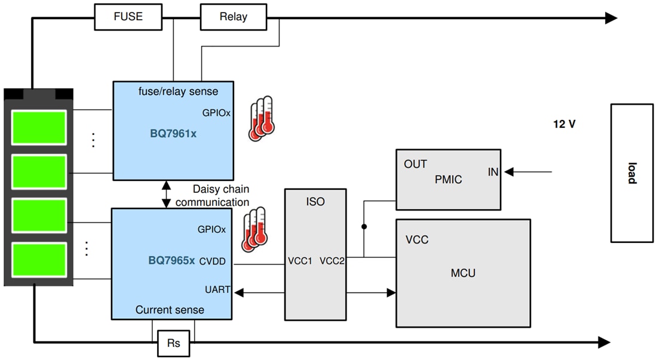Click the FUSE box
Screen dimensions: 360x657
[128, 17]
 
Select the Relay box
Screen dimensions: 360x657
[233, 17]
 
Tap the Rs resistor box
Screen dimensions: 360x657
[173, 343]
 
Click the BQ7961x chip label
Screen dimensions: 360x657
[173, 134]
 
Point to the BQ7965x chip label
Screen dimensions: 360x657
[172, 260]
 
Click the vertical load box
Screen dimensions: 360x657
[631, 173]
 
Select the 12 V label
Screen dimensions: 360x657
[564, 125]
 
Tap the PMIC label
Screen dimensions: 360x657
[449, 179]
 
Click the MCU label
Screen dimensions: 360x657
[463, 273]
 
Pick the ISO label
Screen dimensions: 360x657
[315, 202]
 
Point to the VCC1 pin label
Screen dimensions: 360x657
[300, 261]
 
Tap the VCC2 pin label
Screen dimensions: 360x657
[332, 261]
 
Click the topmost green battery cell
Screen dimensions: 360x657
[39, 127]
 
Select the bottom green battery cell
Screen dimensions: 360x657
[39, 260]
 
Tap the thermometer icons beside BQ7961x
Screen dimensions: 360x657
[261, 118]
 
